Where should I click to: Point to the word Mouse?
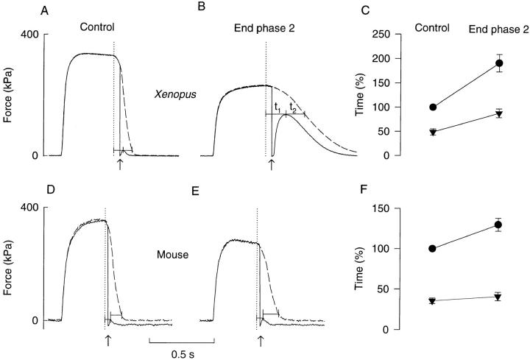171,255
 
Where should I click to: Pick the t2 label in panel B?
293,107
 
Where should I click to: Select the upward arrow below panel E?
261,339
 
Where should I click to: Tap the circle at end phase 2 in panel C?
498,63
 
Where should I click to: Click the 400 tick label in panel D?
27,208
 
